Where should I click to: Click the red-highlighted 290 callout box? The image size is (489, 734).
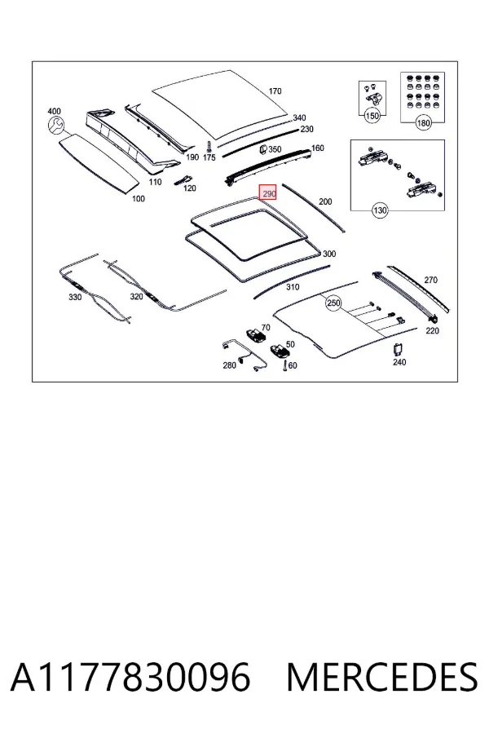[268, 192]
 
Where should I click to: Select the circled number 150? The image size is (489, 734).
[372, 116]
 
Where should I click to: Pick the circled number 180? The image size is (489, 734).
[423, 123]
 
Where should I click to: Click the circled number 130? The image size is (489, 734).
[380, 210]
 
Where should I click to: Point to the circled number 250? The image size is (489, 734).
[333, 303]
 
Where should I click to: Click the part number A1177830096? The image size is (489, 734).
[130, 678]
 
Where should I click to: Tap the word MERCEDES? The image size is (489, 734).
[382, 678]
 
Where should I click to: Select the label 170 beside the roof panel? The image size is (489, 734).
[275, 91]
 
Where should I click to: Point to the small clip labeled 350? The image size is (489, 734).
[263, 150]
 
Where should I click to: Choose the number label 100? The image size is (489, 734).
[138, 198]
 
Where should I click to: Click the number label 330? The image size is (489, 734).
[75, 297]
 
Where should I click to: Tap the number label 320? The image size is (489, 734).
[136, 296]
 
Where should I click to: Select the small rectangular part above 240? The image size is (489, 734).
[399, 349]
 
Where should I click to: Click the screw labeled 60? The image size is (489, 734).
[284, 365]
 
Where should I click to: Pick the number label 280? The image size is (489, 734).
[229, 365]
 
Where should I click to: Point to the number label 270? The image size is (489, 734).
[430, 280]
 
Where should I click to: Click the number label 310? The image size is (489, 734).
[293, 286]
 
